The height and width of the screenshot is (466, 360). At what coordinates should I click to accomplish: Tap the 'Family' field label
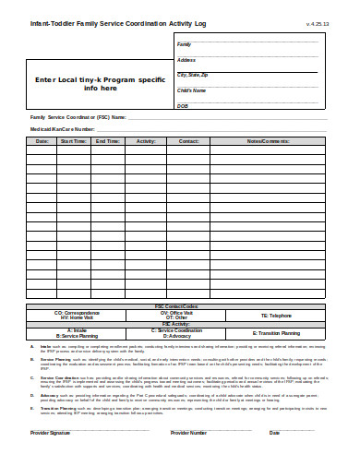[x=184, y=44]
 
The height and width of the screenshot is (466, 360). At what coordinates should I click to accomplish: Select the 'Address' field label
[x=186, y=59]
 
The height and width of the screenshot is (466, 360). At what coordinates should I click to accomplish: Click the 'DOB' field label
[x=182, y=105]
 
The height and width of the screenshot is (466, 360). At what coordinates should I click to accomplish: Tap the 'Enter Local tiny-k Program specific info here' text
[x=101, y=84]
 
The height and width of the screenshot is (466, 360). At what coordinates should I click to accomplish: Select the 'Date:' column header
[x=42, y=141]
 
